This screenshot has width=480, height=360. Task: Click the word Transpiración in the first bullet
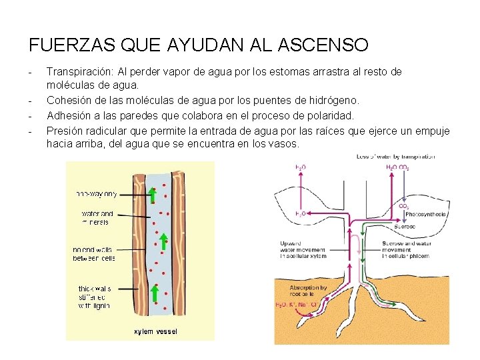point(79,71)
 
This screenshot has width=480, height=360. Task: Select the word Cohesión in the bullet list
point(69,100)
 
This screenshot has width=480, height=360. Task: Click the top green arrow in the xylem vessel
point(152,195)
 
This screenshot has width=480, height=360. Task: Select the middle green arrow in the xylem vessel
point(162,241)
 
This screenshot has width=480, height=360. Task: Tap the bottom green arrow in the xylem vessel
point(154,293)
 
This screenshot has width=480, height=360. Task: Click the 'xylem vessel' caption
point(156,331)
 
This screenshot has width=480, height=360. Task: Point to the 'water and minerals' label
point(97,217)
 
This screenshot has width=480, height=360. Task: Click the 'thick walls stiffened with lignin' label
point(95,297)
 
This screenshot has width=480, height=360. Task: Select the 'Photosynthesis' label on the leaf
point(425,215)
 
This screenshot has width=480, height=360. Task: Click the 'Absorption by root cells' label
point(308,291)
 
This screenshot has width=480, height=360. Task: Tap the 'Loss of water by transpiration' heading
point(396,157)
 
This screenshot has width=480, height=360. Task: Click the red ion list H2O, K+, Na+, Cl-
point(298,305)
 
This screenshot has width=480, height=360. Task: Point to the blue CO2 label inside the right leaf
point(404,206)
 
